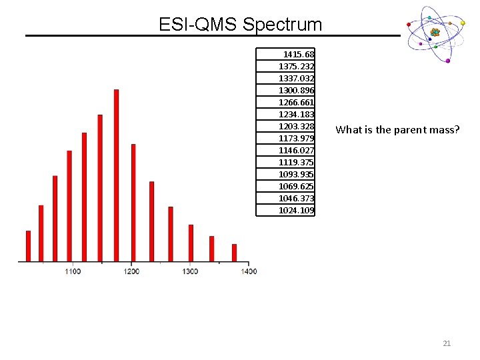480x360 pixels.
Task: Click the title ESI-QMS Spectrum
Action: [x=240, y=25]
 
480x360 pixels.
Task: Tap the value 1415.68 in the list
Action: [x=299, y=54]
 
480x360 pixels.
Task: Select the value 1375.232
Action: [x=297, y=66]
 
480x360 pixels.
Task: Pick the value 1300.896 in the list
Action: [x=297, y=90]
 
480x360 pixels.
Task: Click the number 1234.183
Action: [x=297, y=114]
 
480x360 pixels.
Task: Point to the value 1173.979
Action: [x=297, y=138]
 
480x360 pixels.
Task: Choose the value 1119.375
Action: [x=297, y=162]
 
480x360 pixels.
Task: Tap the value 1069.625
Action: [x=297, y=186]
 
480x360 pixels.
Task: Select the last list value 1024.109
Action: [x=297, y=210]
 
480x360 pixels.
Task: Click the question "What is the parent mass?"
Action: [x=397, y=129]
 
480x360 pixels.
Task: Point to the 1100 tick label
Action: [x=73, y=271]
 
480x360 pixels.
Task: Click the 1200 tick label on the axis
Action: [x=131, y=271]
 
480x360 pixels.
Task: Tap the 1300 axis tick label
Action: [x=190, y=271]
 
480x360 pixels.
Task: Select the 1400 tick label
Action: [x=248, y=271]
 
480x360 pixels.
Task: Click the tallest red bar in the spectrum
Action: [x=116, y=175]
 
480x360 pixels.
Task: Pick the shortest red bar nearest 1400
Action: [x=234, y=253]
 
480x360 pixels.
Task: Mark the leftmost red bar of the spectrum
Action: [x=28, y=245]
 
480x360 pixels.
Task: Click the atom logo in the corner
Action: [x=435, y=33]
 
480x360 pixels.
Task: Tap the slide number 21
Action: [x=447, y=343]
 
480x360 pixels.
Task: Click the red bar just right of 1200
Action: [x=133, y=202]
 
